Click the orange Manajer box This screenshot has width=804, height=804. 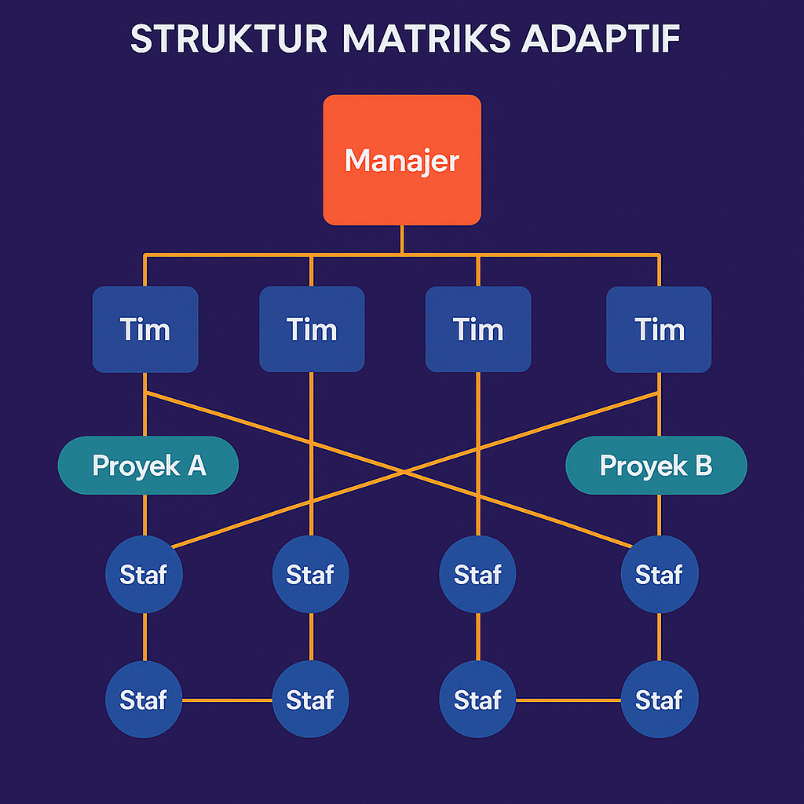pyautogui.click(x=401, y=159)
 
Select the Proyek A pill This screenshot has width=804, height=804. pyautogui.click(x=148, y=465)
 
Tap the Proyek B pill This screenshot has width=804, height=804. pyautogui.click(x=656, y=465)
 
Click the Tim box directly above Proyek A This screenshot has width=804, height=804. pyautogui.click(x=145, y=329)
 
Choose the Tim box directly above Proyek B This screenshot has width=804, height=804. pyautogui.click(x=659, y=329)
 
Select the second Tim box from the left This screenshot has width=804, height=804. pyautogui.click(x=312, y=329)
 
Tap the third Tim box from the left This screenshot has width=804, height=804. pyautogui.click(x=478, y=329)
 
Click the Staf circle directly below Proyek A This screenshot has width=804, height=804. pyautogui.click(x=144, y=574)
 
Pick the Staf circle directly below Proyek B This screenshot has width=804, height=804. pyautogui.click(x=659, y=574)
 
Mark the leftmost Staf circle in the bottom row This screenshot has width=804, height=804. pyautogui.click(x=144, y=699)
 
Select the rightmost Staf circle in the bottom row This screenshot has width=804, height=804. pyautogui.click(x=659, y=699)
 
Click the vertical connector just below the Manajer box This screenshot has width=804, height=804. pyautogui.click(x=401, y=239)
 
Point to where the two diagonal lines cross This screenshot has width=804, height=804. pyautogui.click(x=402, y=471)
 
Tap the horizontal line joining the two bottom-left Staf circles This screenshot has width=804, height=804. pyautogui.click(x=228, y=700)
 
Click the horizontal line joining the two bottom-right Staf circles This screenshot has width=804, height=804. pyautogui.click(x=568, y=700)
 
